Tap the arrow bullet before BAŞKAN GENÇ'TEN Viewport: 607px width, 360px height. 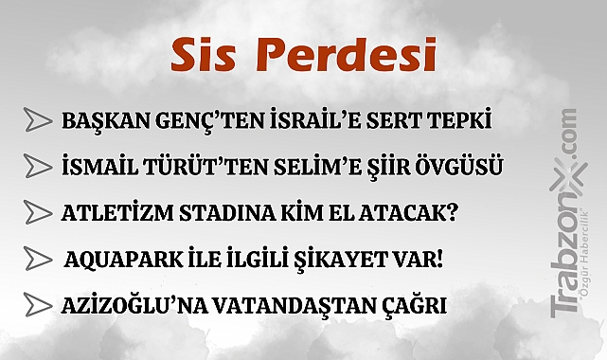tap(38, 120)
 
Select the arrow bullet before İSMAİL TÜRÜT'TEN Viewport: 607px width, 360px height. tap(38, 167)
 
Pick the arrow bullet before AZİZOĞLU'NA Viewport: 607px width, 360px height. tap(38, 305)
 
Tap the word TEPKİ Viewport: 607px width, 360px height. tap(467, 122)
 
